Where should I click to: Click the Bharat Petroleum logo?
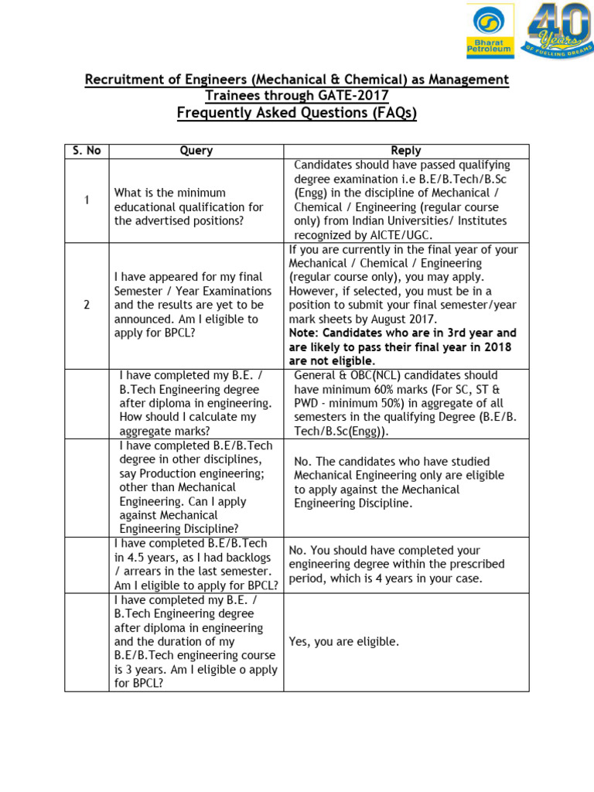click(x=489, y=32)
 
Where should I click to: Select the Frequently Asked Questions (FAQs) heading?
click(x=296, y=114)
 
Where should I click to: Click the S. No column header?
click(x=87, y=151)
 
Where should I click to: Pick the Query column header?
click(x=196, y=151)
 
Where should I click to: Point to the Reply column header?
click(x=406, y=151)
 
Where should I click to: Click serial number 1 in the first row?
click(x=87, y=200)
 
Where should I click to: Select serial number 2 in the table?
click(x=87, y=305)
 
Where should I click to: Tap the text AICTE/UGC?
click(x=394, y=235)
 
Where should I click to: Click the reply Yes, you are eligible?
click(x=343, y=642)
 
